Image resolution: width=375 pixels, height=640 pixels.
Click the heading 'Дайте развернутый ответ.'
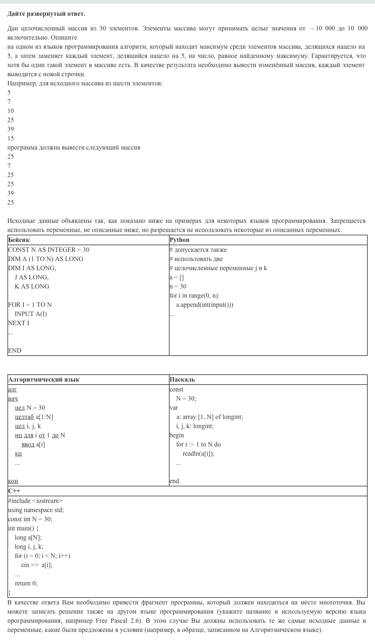tap(46, 14)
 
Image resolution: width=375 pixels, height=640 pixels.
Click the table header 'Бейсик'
tap(19, 240)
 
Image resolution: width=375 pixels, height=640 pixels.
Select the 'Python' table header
tap(179, 240)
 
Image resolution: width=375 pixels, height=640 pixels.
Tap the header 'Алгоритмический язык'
tap(44, 380)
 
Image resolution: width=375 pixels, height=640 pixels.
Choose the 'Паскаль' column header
tap(182, 380)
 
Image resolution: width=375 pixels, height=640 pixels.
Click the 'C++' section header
tap(14, 491)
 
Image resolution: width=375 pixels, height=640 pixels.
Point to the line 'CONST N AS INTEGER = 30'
tap(49, 250)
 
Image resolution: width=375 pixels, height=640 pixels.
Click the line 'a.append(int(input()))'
tap(204, 305)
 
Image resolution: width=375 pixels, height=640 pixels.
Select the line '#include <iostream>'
tap(35, 501)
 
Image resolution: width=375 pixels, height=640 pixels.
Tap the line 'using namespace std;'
tap(36, 510)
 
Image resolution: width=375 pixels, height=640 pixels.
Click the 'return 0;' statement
tap(26, 583)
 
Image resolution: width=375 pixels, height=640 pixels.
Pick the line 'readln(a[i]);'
tap(198, 453)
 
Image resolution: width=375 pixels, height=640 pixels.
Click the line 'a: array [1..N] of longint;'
tap(209, 417)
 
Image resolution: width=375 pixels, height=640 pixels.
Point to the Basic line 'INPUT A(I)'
tap(31, 314)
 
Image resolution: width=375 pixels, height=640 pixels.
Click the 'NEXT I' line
tap(19, 323)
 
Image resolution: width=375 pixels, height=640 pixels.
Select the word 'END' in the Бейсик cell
tap(15, 350)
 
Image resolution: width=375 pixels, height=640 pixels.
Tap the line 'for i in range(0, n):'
tap(194, 295)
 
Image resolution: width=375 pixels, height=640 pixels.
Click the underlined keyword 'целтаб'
tap(25, 417)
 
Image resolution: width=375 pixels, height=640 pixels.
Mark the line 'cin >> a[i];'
tap(37, 565)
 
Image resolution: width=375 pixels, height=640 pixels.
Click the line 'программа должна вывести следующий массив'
tap(74, 148)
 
